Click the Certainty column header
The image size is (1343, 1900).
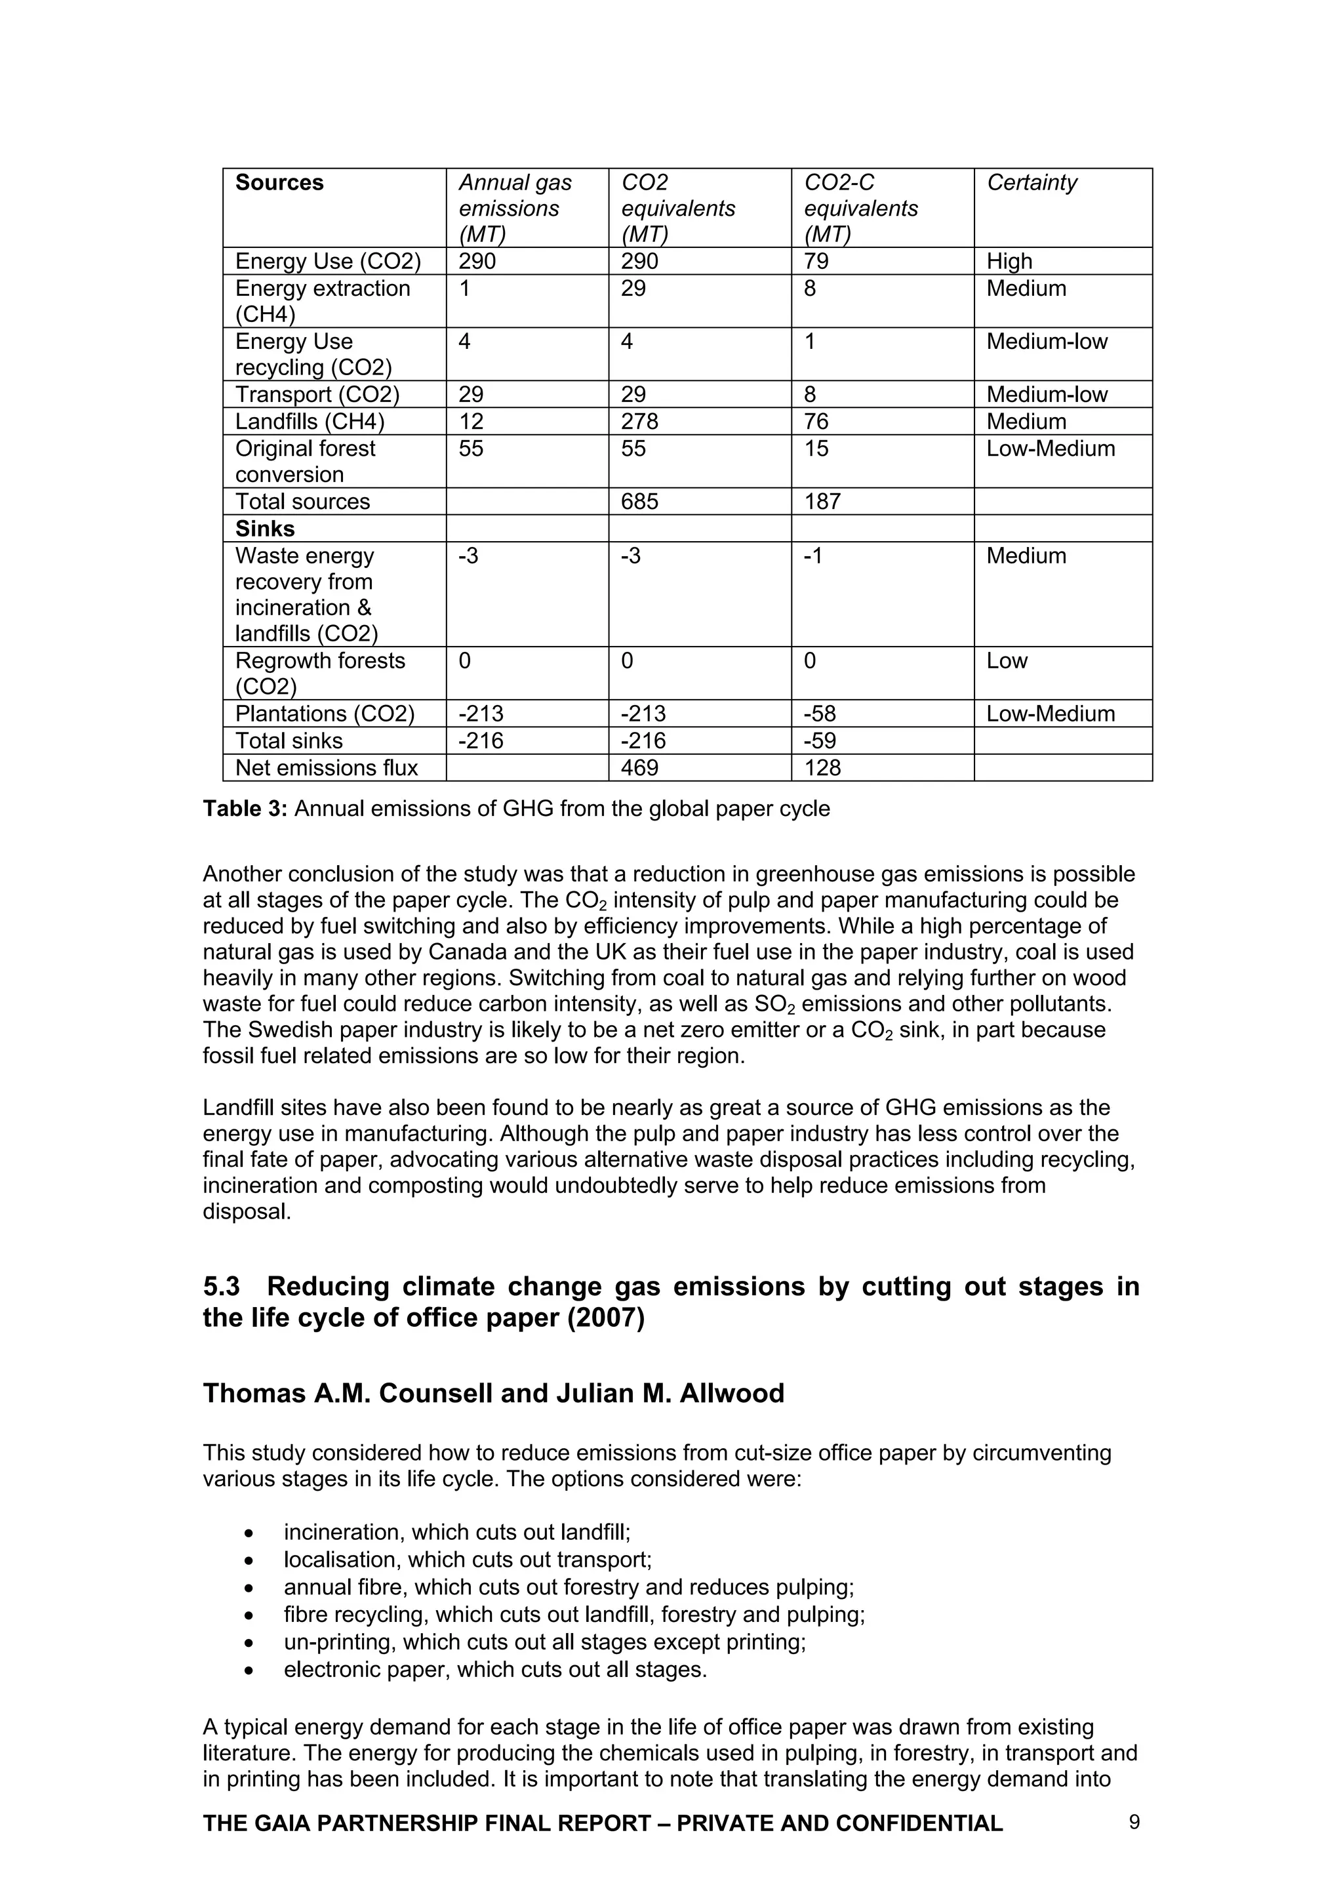click(x=1031, y=182)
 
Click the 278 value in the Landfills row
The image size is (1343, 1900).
click(x=639, y=421)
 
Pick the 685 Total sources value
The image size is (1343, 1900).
click(x=639, y=502)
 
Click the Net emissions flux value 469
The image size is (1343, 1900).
click(x=639, y=768)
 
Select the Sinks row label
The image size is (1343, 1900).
click(x=265, y=529)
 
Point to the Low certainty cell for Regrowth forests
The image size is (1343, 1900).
click(x=1006, y=660)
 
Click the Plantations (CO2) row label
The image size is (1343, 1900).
click(x=325, y=714)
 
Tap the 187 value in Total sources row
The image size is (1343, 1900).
click(x=822, y=502)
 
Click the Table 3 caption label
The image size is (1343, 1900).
click(x=245, y=809)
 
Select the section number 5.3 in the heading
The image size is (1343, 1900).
click(x=221, y=1287)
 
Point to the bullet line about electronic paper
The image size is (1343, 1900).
click(x=495, y=1669)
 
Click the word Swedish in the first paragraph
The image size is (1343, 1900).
click(x=291, y=1030)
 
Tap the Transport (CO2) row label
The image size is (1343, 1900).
click(x=317, y=395)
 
